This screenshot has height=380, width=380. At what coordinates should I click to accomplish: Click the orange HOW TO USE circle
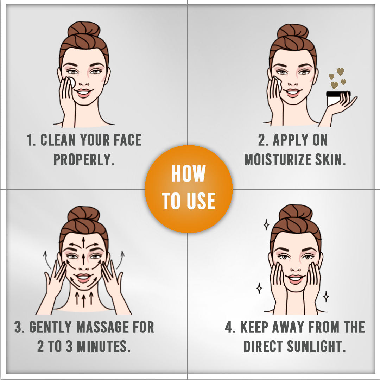pos(189,189)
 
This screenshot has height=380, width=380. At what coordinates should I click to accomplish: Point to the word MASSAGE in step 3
pos(103,327)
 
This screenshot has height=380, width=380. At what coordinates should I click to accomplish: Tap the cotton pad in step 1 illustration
pos(71,82)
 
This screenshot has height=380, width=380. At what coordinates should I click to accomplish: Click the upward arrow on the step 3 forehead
pos(83,242)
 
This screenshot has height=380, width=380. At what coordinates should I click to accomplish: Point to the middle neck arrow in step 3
pos(84,300)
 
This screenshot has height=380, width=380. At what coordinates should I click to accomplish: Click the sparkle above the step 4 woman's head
pos(266,224)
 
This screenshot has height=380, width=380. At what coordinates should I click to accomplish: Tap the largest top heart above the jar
pos(340,71)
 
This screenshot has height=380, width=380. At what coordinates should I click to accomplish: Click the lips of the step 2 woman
pos(293,92)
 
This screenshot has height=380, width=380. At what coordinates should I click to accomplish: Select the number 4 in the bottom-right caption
pos(229,327)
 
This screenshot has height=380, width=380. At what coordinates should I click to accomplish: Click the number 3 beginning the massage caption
pos(18,327)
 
